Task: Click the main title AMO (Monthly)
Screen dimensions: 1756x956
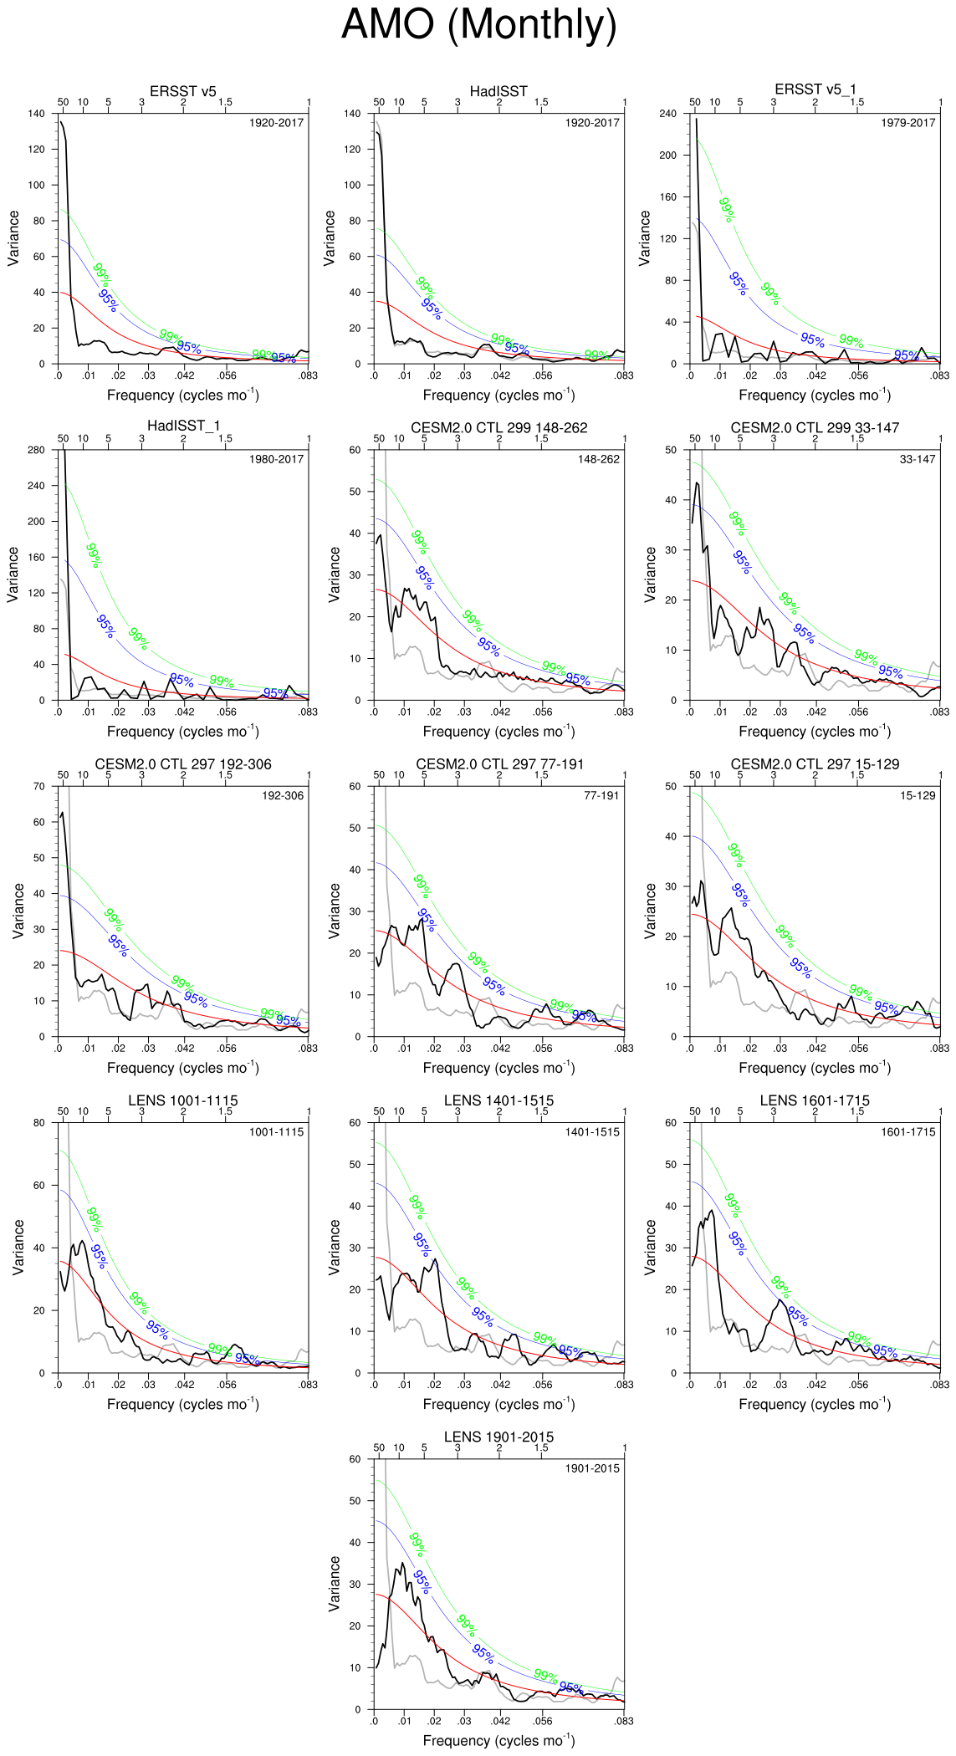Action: [478, 24]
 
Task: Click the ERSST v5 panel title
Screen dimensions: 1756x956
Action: [182, 91]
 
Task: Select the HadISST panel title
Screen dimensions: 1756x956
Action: [498, 91]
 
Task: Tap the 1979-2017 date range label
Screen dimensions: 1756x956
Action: [907, 123]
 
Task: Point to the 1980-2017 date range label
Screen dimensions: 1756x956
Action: [276, 459]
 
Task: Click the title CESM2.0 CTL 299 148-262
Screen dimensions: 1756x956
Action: [498, 428]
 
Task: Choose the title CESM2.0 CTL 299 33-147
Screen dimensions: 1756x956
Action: [815, 428]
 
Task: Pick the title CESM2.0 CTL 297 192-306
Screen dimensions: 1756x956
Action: [182, 764]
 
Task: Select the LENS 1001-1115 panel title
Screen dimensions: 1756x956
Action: [182, 1100]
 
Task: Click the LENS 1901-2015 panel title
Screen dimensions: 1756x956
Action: [498, 1437]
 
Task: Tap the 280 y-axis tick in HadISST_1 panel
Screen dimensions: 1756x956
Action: [37, 450]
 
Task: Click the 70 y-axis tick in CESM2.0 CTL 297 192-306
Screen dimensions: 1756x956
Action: [39, 786]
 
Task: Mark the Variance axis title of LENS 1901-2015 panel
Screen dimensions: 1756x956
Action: [335, 1584]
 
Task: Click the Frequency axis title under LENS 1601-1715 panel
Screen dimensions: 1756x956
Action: [815, 1404]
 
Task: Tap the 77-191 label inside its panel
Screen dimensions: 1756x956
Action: [601, 795]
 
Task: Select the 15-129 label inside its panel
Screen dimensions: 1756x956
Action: [918, 795]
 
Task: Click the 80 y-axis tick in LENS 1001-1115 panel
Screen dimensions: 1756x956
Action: [39, 1123]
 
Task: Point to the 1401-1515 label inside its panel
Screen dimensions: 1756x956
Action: [592, 1132]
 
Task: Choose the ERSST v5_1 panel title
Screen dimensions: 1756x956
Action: [815, 89]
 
